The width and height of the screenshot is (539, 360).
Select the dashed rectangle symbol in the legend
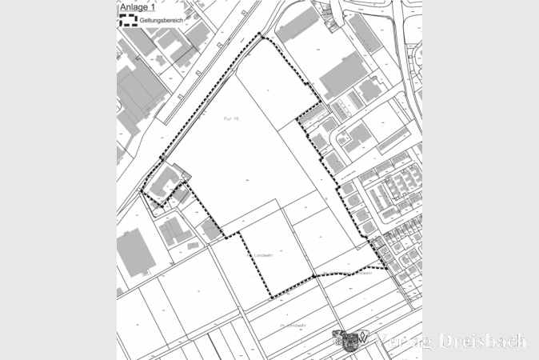pyautogui.click(x=127, y=20)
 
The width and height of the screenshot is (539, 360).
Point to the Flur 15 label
pyautogui.click(x=230, y=118)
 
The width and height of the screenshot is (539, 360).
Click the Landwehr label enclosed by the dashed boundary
pyautogui.click(x=263, y=255)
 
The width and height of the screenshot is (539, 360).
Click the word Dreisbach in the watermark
pyautogui.click(x=485, y=341)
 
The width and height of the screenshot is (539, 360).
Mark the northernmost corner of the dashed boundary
pyautogui.click(x=262, y=34)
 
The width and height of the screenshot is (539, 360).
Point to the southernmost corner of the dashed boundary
pyautogui.click(x=270, y=298)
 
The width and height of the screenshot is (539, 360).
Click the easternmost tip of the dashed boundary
pyautogui.click(x=389, y=268)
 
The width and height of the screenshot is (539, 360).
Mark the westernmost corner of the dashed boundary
pyautogui.click(x=142, y=193)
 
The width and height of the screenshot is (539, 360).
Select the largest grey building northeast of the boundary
pyautogui.click(x=344, y=75)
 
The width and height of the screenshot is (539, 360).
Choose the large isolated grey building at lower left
pyautogui.click(x=134, y=252)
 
